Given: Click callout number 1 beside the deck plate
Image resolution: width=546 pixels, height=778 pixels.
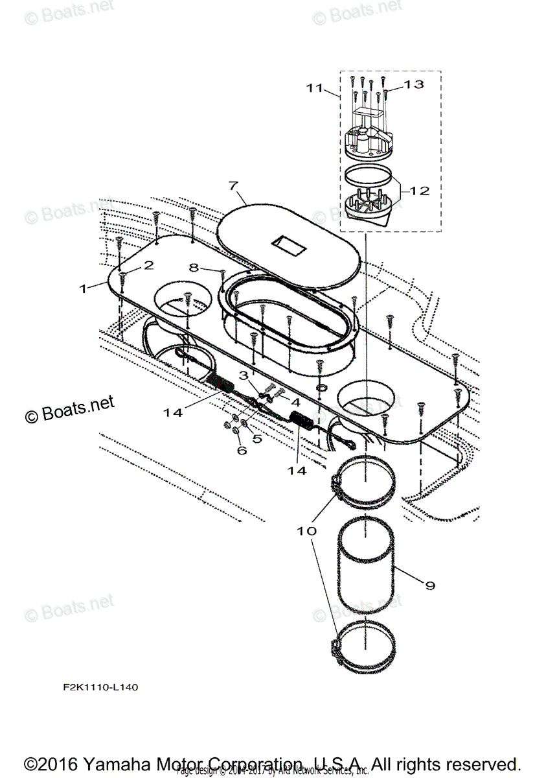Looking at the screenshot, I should coord(82,289).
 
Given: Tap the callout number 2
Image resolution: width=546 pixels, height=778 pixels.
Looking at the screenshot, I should coord(148,265).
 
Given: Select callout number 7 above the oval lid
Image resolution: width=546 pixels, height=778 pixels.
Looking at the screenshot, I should coord(233,186).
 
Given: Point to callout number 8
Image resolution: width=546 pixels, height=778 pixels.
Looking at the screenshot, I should coord(194,266).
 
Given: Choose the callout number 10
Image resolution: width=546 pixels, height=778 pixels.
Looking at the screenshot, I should coord(307,530).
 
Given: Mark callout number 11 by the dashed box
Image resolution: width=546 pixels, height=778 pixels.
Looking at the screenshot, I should coord(314,88).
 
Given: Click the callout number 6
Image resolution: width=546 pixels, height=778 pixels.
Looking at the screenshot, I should coord(242,450).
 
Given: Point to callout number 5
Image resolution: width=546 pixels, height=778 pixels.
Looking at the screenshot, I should coord(257,438).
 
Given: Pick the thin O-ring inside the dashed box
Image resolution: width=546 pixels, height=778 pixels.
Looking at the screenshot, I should coord(367,174).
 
